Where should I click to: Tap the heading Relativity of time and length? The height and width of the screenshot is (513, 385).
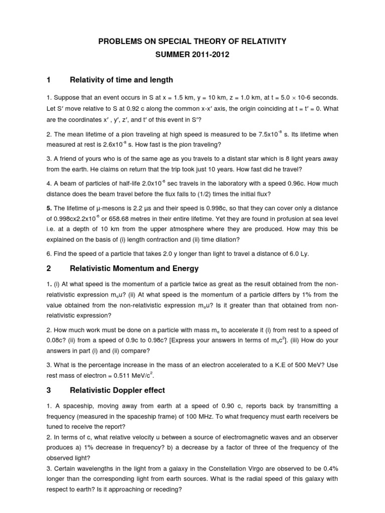[121, 79]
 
